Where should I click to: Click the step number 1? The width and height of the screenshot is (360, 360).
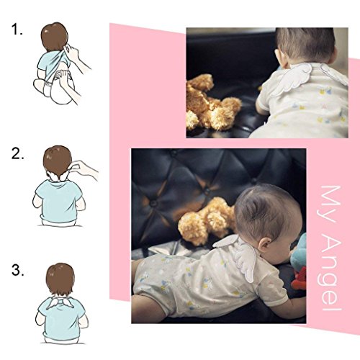coord(17,30)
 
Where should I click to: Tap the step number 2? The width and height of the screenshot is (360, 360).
coord(17,153)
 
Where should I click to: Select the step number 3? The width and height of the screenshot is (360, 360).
coord(17,270)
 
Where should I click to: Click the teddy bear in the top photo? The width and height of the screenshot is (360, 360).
coord(211,103)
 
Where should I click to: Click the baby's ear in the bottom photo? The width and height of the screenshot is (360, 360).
coord(266,246)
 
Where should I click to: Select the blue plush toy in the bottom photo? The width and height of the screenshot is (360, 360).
coord(300,251)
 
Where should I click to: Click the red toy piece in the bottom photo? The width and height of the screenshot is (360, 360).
coord(299,279)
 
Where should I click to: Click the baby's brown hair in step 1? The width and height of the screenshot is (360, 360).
coord(55,36)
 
